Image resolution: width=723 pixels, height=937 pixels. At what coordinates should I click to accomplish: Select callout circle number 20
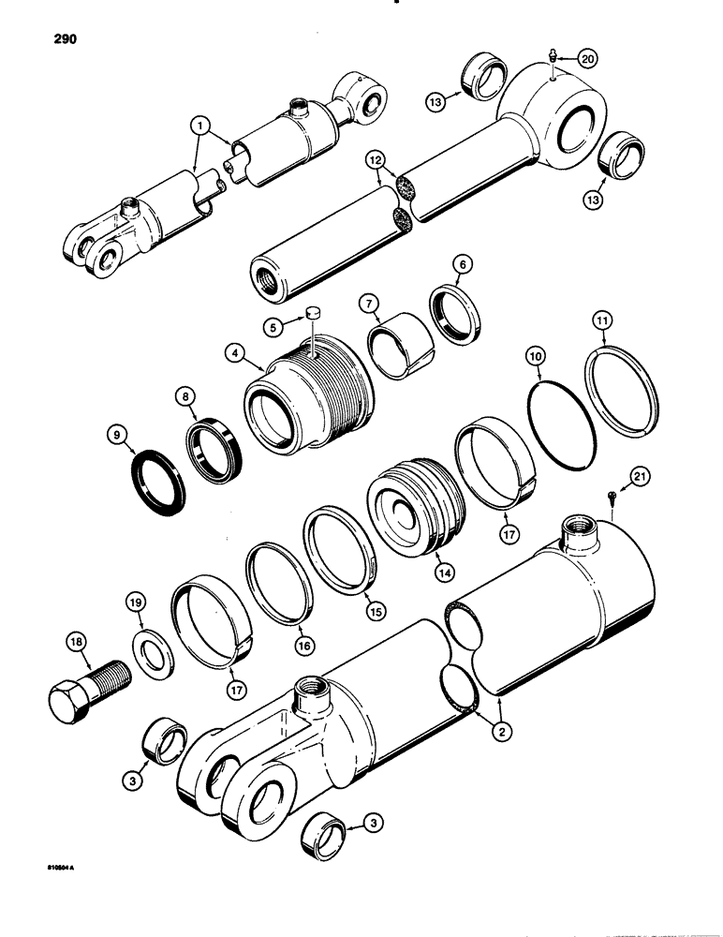[x=586, y=58]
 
